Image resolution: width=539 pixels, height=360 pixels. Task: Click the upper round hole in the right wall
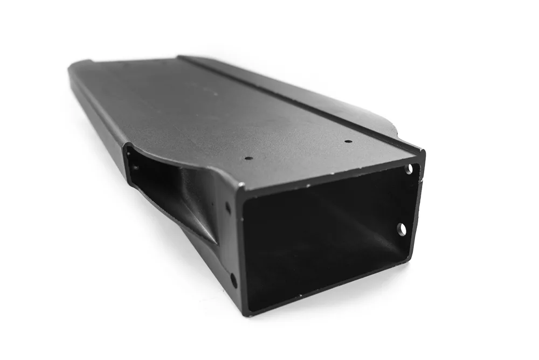[x=409, y=169]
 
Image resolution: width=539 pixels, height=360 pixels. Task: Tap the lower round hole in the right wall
[x=402, y=229]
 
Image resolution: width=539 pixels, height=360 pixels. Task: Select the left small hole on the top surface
[x=248, y=158]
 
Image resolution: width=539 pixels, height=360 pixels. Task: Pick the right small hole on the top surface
[x=348, y=141]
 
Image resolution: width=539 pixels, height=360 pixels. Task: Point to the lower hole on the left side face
[x=233, y=280]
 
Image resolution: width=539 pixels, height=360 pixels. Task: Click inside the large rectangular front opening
[x=323, y=237]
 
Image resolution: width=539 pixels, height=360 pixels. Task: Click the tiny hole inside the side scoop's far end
[x=134, y=168]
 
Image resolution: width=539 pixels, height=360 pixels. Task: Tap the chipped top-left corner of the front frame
[x=240, y=186]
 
